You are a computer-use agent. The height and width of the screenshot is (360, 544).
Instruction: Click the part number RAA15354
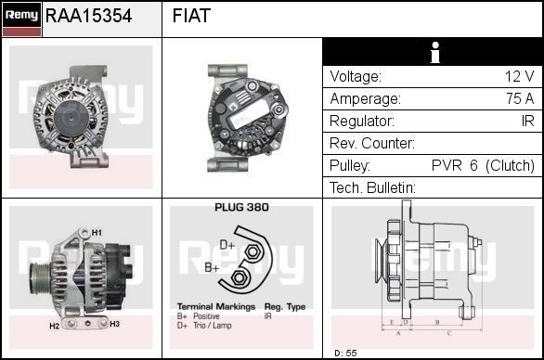(88, 17)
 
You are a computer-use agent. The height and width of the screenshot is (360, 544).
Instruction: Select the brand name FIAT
(191, 17)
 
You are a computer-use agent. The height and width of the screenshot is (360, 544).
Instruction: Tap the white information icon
(433, 53)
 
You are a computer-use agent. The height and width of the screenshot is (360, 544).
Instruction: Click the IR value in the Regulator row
(527, 122)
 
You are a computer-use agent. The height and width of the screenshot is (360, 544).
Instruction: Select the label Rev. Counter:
(372, 144)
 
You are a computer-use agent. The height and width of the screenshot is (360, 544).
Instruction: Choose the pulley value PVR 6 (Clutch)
(483, 166)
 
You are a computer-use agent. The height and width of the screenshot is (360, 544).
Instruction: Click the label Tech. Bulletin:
(373, 188)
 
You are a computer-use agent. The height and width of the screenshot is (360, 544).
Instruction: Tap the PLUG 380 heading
(241, 208)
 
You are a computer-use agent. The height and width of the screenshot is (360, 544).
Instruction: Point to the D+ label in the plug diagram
(227, 246)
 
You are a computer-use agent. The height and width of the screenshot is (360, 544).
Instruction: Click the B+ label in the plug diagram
(212, 267)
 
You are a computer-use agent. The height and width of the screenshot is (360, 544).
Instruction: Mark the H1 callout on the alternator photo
(97, 231)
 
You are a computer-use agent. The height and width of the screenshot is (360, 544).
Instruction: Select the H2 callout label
(54, 326)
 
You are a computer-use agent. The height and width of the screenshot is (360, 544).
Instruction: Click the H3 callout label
(115, 324)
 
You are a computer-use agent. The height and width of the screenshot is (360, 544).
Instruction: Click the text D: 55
(345, 354)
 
